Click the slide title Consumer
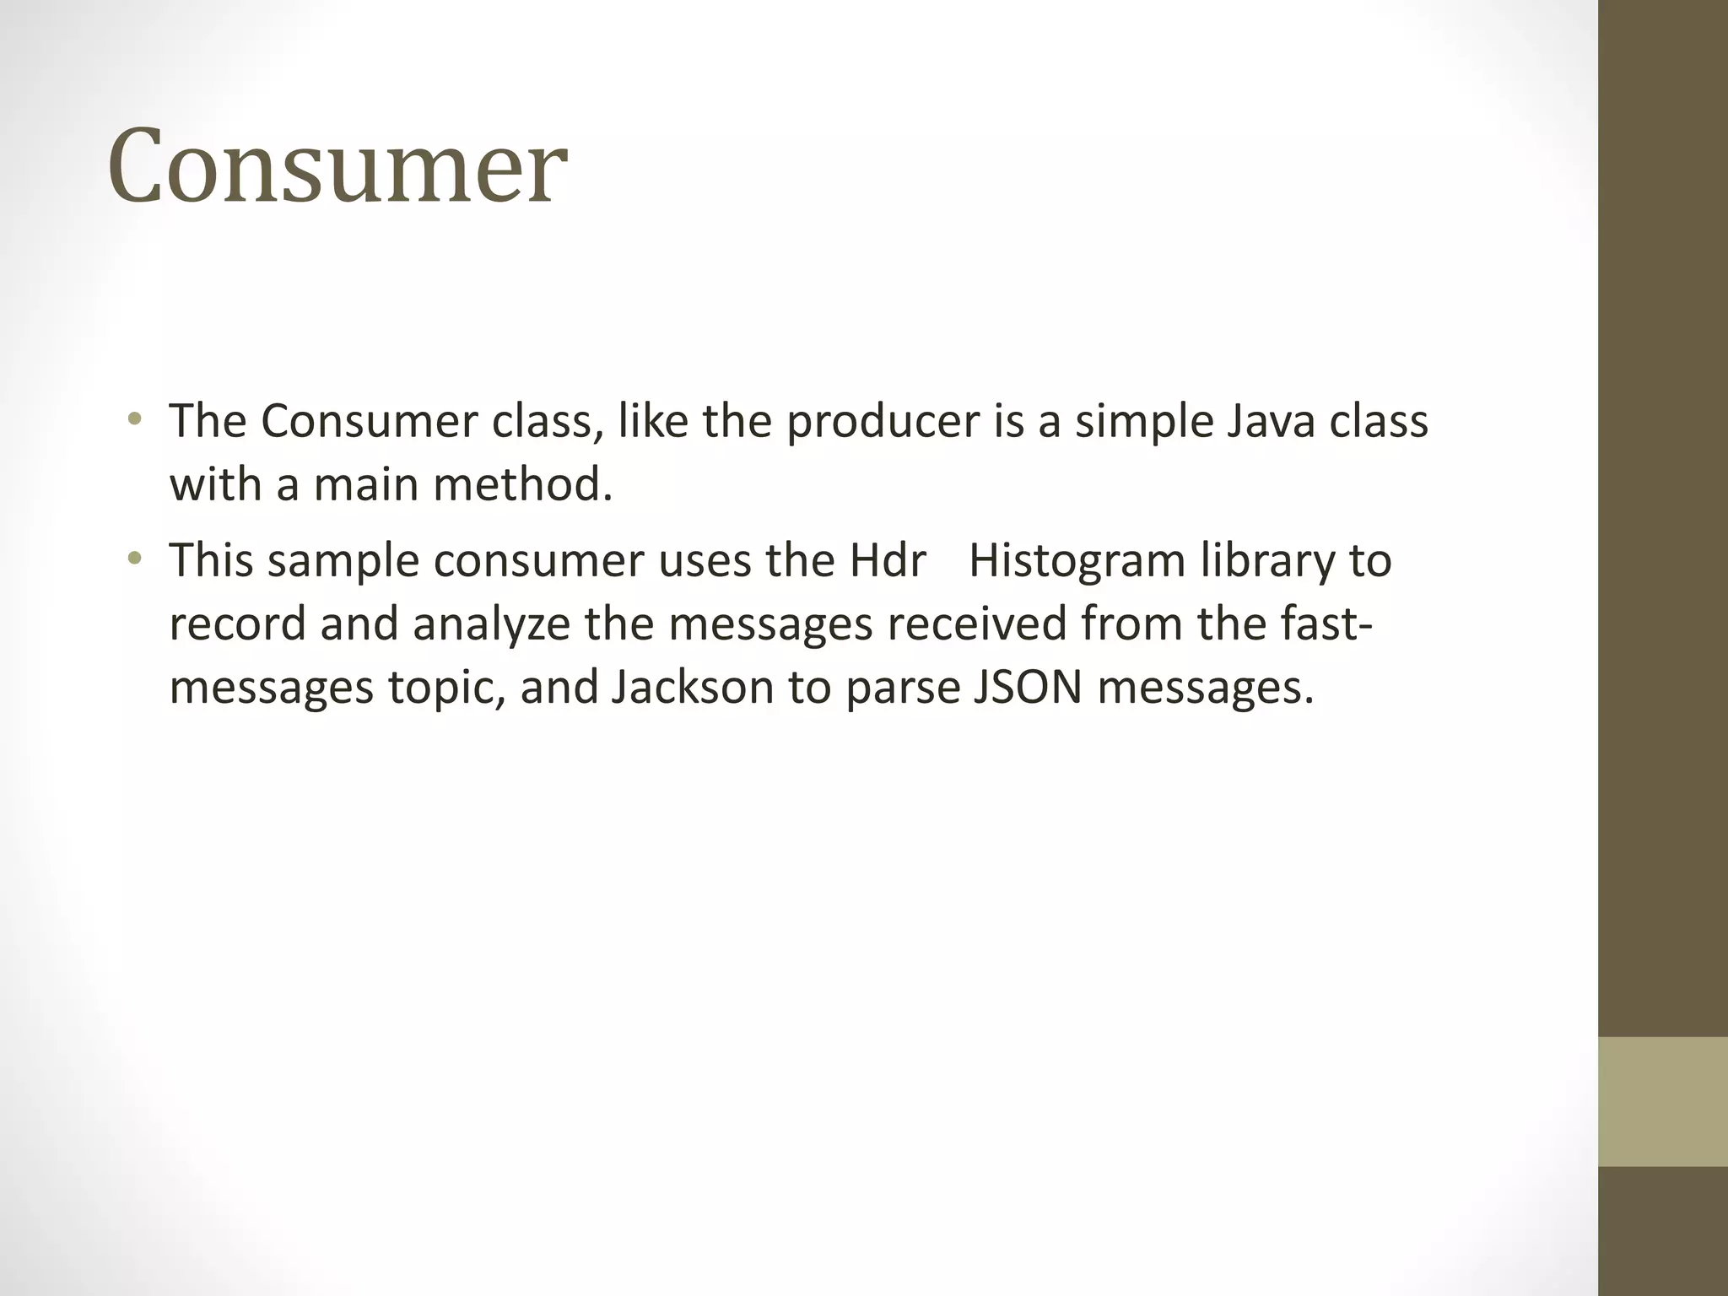pyautogui.click(x=337, y=166)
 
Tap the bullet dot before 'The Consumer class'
pyautogui.click(x=134, y=418)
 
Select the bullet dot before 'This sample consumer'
pyautogui.click(x=134, y=558)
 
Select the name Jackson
pyautogui.click(x=692, y=687)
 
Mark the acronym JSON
pyautogui.click(x=1028, y=687)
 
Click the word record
pyautogui.click(x=237, y=624)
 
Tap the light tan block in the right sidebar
pyautogui.click(x=1662, y=1101)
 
